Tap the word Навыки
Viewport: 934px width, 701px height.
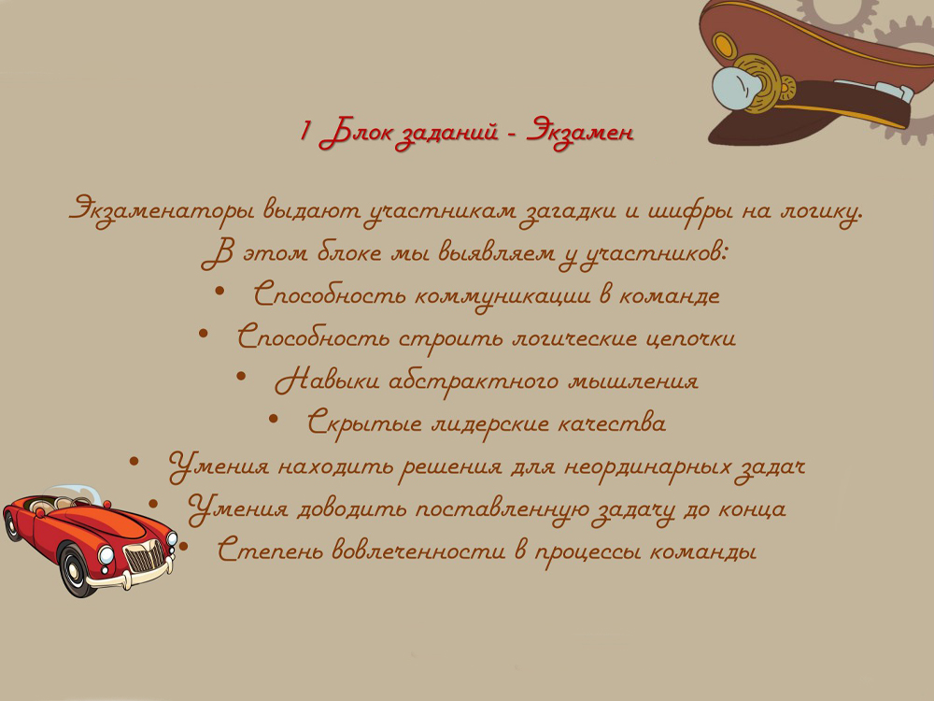[x=327, y=379]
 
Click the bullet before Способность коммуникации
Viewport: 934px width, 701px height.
[x=219, y=291]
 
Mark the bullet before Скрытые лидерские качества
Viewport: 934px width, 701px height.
[x=274, y=419]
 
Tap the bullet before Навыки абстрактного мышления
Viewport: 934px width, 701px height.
[x=241, y=376]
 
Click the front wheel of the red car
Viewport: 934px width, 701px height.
[x=76, y=570]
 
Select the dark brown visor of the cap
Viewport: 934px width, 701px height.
[x=792, y=122]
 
